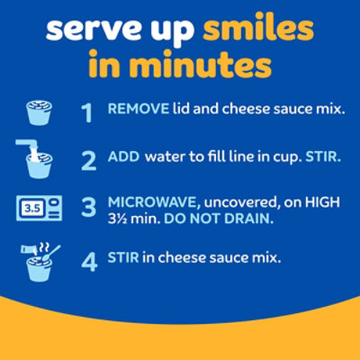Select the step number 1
click(x=87, y=112)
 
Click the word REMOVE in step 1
click(x=136, y=109)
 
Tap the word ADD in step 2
click(x=121, y=157)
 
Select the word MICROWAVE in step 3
click(x=149, y=202)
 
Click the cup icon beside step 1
click(x=37, y=111)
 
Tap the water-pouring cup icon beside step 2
click(x=37, y=157)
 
